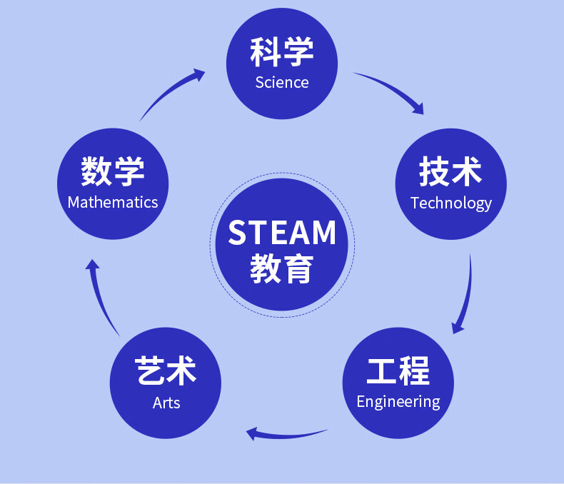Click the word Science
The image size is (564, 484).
click(x=282, y=82)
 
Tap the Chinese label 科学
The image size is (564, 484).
click(x=282, y=51)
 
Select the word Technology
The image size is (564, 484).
click(x=451, y=203)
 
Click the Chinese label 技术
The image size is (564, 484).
click(x=450, y=172)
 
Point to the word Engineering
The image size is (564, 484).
click(x=398, y=401)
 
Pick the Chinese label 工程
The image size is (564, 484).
click(x=398, y=371)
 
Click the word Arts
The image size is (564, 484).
click(x=166, y=403)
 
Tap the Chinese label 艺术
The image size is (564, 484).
click(x=166, y=371)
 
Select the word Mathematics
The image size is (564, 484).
click(x=113, y=202)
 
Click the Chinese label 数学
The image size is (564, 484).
click(x=113, y=171)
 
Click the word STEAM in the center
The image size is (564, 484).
click(x=282, y=233)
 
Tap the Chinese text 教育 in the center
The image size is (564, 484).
click(x=282, y=270)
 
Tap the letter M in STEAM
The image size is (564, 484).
click(x=321, y=233)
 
